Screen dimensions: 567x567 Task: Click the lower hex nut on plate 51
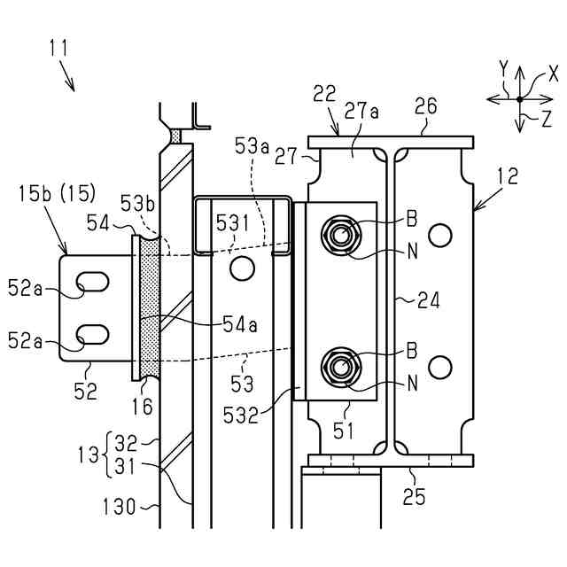340,368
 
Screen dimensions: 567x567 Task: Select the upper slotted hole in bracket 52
92,282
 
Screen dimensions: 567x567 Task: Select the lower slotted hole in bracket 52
92,334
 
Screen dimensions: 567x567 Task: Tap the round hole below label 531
242,268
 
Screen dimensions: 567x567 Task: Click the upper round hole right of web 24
439,236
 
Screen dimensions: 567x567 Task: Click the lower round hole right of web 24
439,368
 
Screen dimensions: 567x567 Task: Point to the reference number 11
58,48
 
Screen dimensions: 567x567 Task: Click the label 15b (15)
57,194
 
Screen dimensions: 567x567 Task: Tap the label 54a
240,323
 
